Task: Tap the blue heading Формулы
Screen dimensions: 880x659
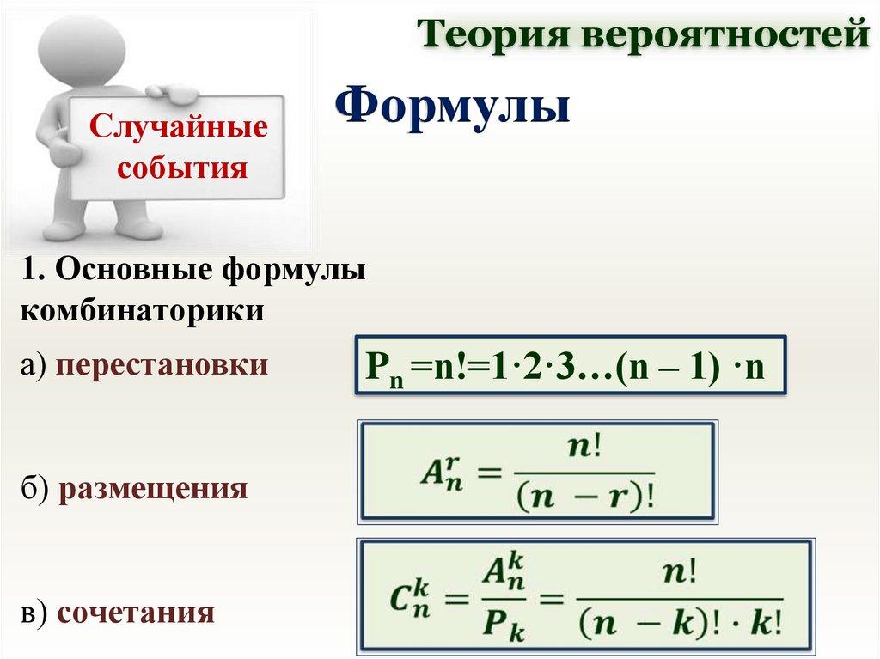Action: click(453, 107)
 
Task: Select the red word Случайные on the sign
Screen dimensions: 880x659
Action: click(178, 125)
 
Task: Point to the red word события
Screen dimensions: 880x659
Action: click(182, 167)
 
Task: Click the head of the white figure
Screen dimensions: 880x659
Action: click(82, 46)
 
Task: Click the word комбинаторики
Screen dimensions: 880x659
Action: click(142, 310)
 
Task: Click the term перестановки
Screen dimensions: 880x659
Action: click(162, 366)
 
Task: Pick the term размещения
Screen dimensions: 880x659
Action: click(153, 488)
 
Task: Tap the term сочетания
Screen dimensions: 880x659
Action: click(136, 613)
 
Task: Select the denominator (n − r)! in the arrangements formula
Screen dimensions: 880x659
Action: click(584, 496)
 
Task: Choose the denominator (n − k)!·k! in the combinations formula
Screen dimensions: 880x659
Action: click(681, 622)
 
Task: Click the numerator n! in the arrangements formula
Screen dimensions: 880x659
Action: click(584, 448)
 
